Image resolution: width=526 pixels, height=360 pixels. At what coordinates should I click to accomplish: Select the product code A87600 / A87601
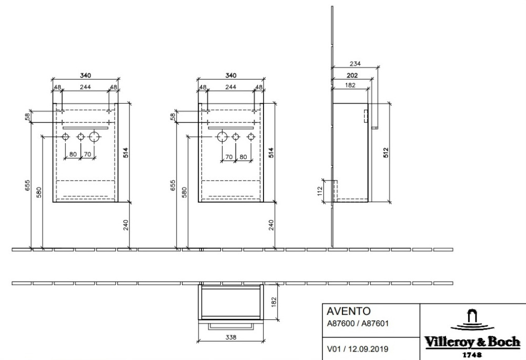(x=358, y=324)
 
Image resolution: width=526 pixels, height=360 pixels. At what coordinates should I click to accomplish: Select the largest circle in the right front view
(x=222, y=137)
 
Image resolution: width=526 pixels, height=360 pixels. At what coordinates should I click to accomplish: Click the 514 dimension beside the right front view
(x=271, y=152)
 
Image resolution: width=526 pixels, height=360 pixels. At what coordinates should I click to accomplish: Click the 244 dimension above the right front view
(x=230, y=87)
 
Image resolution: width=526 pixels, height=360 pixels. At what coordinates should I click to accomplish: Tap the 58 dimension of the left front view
(x=27, y=117)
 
